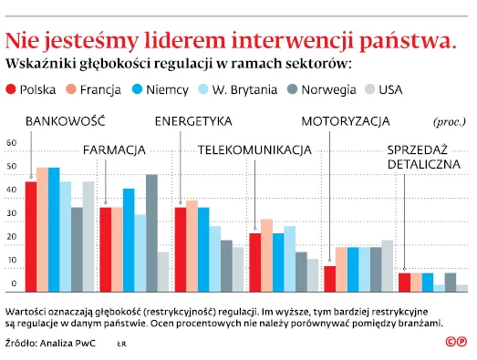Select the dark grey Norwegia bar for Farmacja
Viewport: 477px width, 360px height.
click(151, 232)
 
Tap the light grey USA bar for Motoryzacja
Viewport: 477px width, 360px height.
click(387, 265)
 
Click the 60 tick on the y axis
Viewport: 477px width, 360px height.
click(12, 143)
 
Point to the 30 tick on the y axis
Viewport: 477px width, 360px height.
click(12, 214)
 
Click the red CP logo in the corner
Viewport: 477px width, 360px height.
click(455, 342)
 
